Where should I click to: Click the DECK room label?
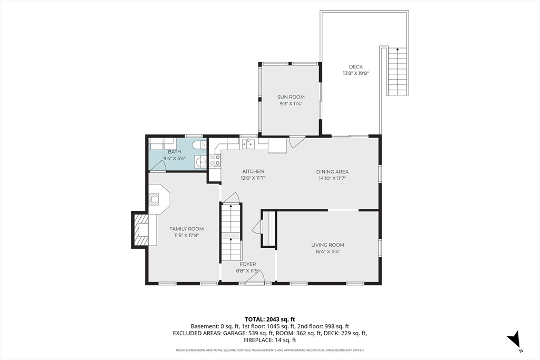pos(356,67)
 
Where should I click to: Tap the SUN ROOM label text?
pos(291,97)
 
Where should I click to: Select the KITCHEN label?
pos(253,171)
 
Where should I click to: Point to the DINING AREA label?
pos(332,172)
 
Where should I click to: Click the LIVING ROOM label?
pos(328,245)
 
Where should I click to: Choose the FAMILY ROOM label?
pos(186,229)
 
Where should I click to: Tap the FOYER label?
pos(248,264)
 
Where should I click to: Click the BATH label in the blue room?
pos(175,152)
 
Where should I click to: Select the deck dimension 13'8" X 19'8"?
pos(356,73)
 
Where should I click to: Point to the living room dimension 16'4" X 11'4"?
pos(328,251)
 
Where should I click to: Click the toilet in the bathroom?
pos(199,144)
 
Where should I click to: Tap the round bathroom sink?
pos(200,161)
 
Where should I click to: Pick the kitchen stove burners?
pos(215,160)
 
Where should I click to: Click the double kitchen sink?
pos(248,144)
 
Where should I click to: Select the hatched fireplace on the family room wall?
pos(141,230)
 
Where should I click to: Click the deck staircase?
pos(398,71)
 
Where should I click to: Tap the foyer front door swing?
pos(255,278)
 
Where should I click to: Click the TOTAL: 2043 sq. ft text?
pos(270,319)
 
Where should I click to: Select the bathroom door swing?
pos(158,166)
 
